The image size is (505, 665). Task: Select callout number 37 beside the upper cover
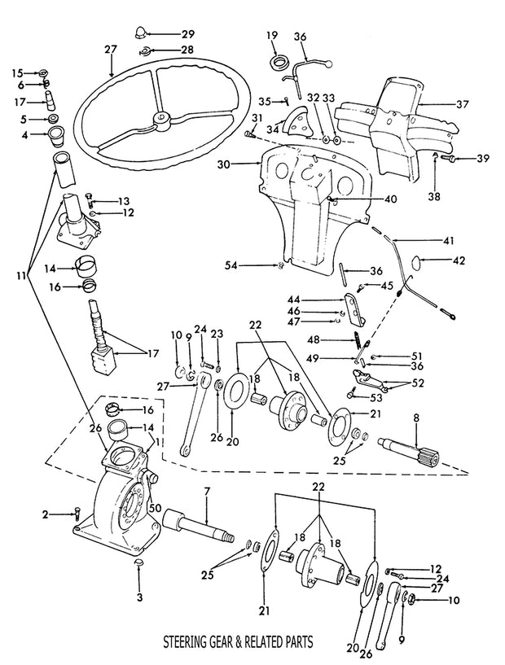tap(463, 103)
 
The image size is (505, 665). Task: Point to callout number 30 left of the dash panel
tap(223, 164)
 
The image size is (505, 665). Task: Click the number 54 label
tap(232, 265)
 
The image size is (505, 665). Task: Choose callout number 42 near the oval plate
tap(459, 260)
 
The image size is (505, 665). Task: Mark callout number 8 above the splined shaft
tap(416, 418)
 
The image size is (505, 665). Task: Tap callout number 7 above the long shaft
tap(207, 492)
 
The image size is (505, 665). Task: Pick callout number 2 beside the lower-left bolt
tap(46, 514)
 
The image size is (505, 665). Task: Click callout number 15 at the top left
tap(18, 72)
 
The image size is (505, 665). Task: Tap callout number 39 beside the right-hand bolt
tap(482, 158)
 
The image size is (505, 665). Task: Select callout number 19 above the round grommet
tap(271, 35)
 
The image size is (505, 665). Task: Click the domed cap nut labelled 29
tap(140, 33)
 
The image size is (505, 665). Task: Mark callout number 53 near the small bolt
tap(375, 398)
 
